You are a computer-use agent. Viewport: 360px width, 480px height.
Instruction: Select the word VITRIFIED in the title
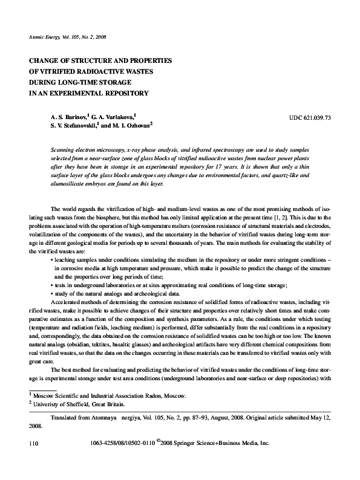click(59, 71)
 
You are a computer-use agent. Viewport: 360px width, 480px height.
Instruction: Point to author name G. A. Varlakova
click(113, 115)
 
